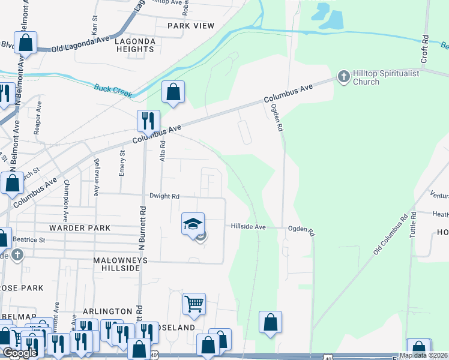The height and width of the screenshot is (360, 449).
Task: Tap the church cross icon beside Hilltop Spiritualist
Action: (x=343, y=76)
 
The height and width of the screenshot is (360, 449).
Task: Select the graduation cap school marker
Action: (x=193, y=224)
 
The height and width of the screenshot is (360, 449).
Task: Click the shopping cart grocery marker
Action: (x=194, y=304)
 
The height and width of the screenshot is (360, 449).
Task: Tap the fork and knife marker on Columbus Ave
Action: (x=148, y=121)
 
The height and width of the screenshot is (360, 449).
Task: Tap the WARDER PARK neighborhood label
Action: (x=80, y=228)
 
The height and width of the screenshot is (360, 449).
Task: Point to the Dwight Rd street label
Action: (x=164, y=196)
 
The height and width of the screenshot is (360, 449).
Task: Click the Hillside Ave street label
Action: (x=249, y=227)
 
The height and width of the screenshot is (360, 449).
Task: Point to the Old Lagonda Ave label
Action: (x=81, y=44)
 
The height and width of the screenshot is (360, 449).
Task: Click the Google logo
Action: (x=20, y=353)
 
